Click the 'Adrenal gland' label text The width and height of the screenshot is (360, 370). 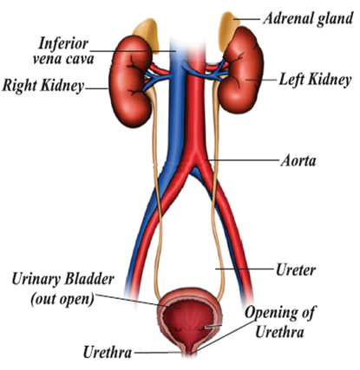pyautogui.click(x=308, y=19)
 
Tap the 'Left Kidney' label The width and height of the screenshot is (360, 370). pyautogui.click(x=315, y=80)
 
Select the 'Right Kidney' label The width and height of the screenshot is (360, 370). pyautogui.click(x=43, y=86)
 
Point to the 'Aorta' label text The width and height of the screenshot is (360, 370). pyautogui.click(x=298, y=160)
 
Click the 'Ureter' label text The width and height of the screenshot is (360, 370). pyautogui.click(x=295, y=270)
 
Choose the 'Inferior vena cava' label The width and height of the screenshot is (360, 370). pyautogui.click(x=63, y=51)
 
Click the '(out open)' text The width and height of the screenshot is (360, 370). pyautogui.click(x=62, y=300)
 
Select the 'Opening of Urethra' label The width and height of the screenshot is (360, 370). pyautogui.click(x=279, y=322)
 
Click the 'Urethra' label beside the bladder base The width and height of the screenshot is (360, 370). pyautogui.click(x=108, y=353)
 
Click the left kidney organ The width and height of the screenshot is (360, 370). pyautogui.click(x=241, y=70)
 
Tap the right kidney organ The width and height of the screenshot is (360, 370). pyautogui.click(x=130, y=81)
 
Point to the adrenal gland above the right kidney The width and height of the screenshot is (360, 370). pyautogui.click(x=147, y=34)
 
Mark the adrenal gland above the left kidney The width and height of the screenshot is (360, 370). pyautogui.click(x=227, y=30)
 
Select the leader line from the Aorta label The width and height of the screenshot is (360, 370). pyautogui.click(x=242, y=159)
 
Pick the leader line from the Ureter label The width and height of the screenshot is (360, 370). pyautogui.click(x=244, y=269)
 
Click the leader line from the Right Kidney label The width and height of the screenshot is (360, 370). pyautogui.click(x=96, y=88)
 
